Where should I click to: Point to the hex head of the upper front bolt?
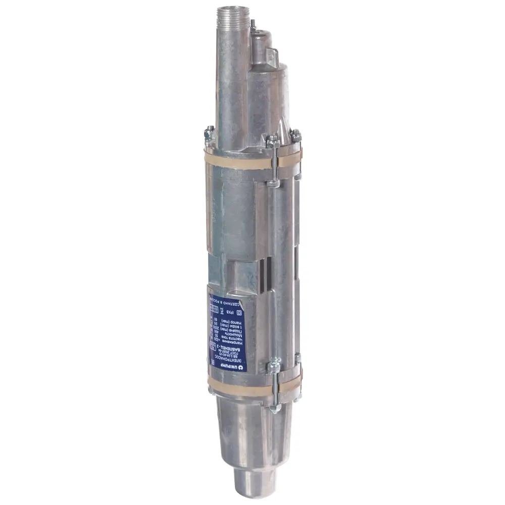tap(273, 141)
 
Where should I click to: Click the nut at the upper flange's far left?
tap(208, 134)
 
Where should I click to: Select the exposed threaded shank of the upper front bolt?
tap(273, 167)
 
